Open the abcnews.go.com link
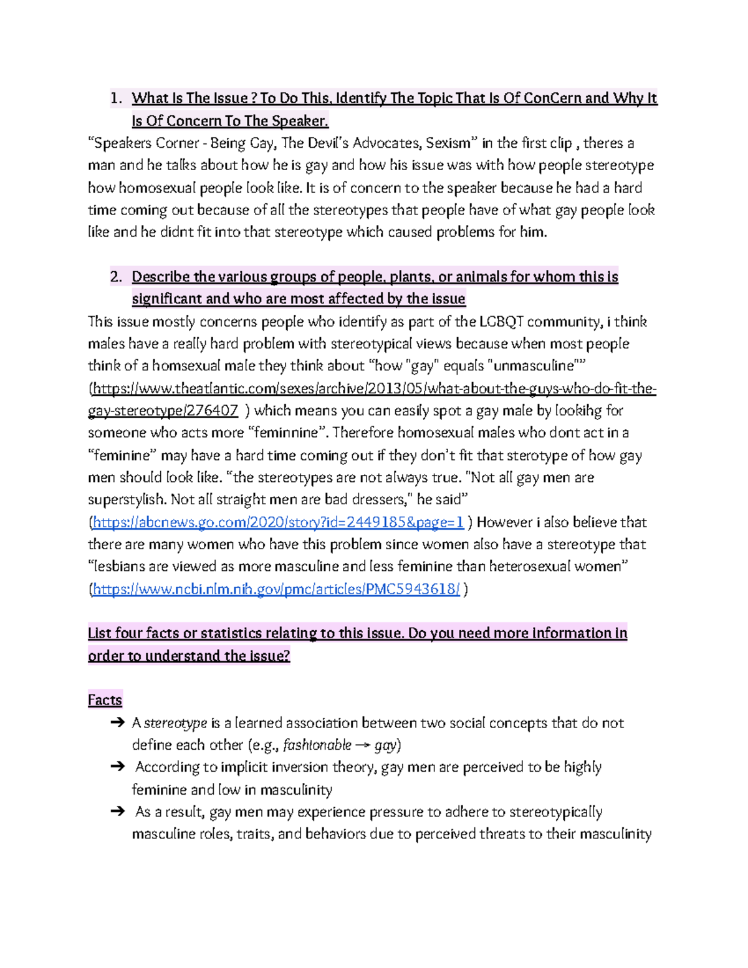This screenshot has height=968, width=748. click(278, 522)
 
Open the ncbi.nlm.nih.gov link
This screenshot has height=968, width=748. click(276, 589)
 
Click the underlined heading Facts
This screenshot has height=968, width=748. click(105, 700)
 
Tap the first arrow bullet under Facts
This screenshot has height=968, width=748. click(117, 723)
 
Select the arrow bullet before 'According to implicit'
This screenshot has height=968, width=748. click(117, 767)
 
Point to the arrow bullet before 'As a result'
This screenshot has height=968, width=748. click(117, 812)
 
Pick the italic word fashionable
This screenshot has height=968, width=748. click(317, 745)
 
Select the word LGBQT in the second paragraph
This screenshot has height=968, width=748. click(502, 322)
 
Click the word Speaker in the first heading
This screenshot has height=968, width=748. click(299, 121)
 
